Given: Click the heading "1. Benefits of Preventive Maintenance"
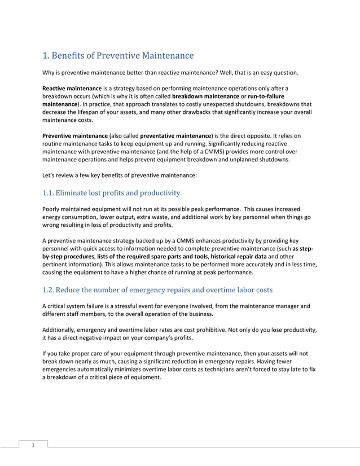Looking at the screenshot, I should pyautogui.click(x=118, y=56).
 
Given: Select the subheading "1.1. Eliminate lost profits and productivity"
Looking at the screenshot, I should pyautogui.click(x=111, y=193).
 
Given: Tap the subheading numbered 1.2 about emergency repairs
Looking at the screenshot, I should pyautogui.click(x=157, y=290).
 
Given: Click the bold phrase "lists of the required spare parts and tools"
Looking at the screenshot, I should pyautogui.click(x=152, y=256).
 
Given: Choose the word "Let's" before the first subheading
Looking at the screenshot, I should pyautogui.click(x=50, y=175).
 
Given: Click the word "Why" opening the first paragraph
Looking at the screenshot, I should pyautogui.click(x=50, y=73).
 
